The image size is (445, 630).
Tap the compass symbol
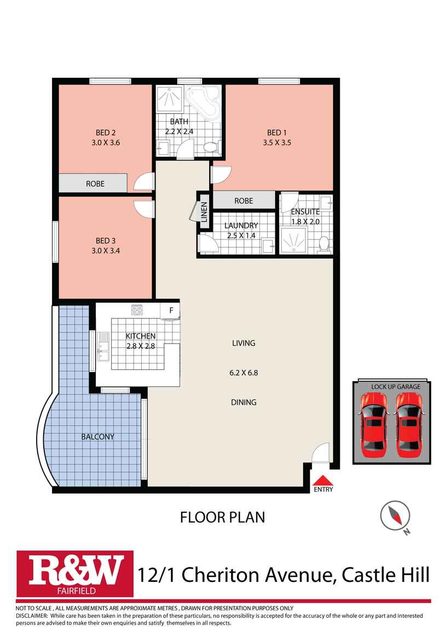(395, 516)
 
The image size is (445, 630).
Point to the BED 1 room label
(277, 133)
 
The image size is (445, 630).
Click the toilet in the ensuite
(323, 243)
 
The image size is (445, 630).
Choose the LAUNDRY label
(241, 226)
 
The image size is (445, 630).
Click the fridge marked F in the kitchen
(171, 311)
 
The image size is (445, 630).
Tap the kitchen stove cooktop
(137, 310)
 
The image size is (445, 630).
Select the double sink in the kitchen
(103, 347)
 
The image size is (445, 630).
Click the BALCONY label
(97, 437)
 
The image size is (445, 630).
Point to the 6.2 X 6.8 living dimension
(244, 373)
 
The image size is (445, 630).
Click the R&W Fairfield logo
(75, 573)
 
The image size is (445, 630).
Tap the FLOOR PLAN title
(223, 517)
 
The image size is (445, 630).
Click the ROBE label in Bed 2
(95, 184)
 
